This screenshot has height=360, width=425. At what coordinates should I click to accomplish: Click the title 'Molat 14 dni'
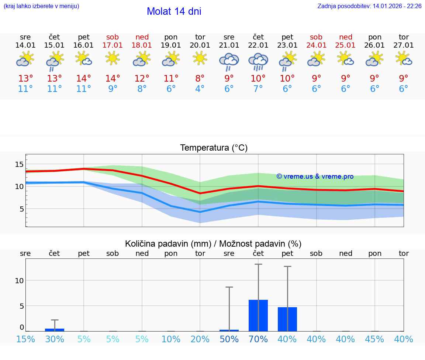tap(174, 11)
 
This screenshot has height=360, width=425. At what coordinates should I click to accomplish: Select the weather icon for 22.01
tap(258, 61)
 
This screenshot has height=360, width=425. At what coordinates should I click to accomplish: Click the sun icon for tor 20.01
tap(200, 58)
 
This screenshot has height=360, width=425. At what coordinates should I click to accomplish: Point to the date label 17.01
tap(113, 45)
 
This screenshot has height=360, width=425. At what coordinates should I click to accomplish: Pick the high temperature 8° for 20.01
tap(200, 79)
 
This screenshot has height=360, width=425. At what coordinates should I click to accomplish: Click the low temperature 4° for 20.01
tap(200, 89)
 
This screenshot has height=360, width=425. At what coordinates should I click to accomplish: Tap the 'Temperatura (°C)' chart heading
tap(214, 148)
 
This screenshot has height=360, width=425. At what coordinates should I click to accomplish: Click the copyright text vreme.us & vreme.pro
tap(315, 176)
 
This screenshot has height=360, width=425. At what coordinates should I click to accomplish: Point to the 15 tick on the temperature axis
tap(19, 164)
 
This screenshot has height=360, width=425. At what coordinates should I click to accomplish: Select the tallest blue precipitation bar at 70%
tap(258, 315)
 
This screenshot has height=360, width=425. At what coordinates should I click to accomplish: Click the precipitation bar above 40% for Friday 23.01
tap(287, 319)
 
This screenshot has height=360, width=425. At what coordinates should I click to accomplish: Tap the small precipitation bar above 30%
tap(55, 330)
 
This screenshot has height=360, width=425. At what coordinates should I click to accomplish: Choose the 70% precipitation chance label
tap(258, 339)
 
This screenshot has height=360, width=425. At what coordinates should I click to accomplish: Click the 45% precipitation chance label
tap(375, 339)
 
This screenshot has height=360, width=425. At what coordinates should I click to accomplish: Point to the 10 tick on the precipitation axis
tap(19, 281)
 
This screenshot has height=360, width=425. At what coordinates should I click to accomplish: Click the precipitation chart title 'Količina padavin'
tap(213, 244)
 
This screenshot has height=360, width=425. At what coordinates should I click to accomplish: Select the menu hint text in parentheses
tap(41, 6)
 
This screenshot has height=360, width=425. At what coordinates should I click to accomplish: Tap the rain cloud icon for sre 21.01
tap(229, 61)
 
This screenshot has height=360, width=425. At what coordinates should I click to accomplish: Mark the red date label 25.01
tap(345, 45)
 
